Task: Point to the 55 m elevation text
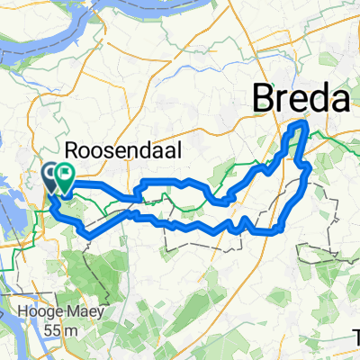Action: coord(58,329)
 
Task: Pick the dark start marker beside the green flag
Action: coord(49,175)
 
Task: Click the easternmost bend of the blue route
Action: coord(310,166)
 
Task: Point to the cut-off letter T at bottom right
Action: coord(356,337)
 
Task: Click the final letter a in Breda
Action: coord(337,97)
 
